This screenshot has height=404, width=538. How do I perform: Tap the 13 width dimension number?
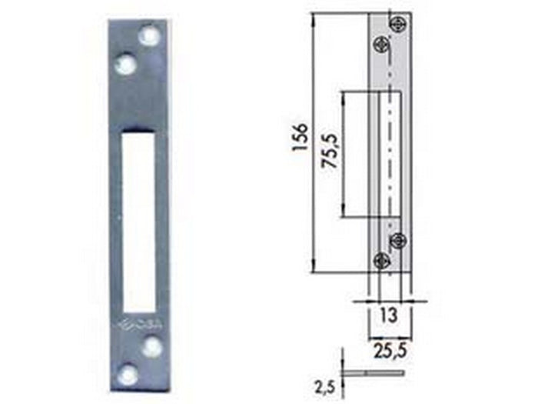coord(390,313)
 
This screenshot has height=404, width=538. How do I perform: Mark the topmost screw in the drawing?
coord(397,24)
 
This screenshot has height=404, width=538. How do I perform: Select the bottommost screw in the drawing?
coord(380,260)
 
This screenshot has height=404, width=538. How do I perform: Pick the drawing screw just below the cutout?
coord(397,241)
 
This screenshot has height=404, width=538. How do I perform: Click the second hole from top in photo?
coord(125,64)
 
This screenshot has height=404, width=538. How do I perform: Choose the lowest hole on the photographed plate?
coord(128,376)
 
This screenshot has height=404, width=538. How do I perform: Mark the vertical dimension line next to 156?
coord(314,142)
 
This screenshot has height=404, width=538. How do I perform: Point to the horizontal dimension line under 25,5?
coord(389,338)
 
